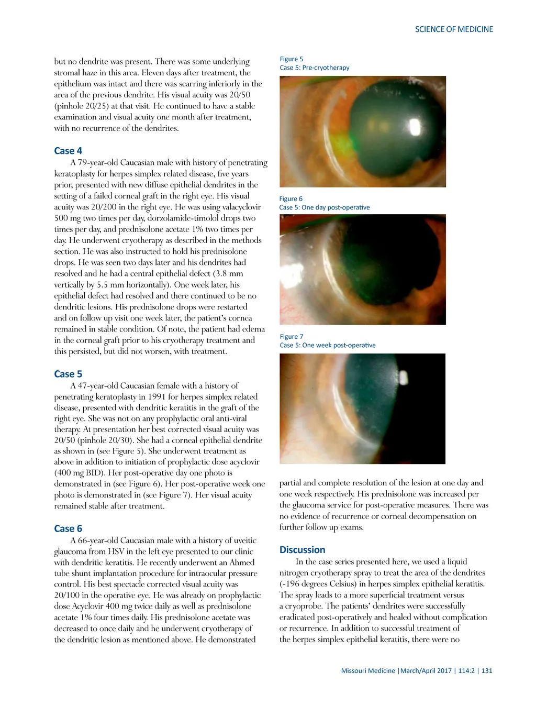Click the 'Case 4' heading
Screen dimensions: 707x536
[68, 151]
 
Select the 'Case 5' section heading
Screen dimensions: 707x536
[68, 374]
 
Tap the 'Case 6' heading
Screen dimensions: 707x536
[68, 528]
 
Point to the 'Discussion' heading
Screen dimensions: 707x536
[302, 550]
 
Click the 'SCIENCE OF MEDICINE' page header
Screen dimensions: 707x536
[454, 29]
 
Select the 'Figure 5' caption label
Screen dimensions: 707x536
[291, 59]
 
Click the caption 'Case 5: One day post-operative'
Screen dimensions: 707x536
[325, 207]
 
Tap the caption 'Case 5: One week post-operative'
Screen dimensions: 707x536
[327, 345]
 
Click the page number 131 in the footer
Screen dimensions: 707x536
[487, 670]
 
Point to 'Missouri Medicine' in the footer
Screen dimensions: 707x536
[368, 670]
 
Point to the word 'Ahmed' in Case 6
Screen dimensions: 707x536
[241, 562]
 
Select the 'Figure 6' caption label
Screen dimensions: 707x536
[291, 199]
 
